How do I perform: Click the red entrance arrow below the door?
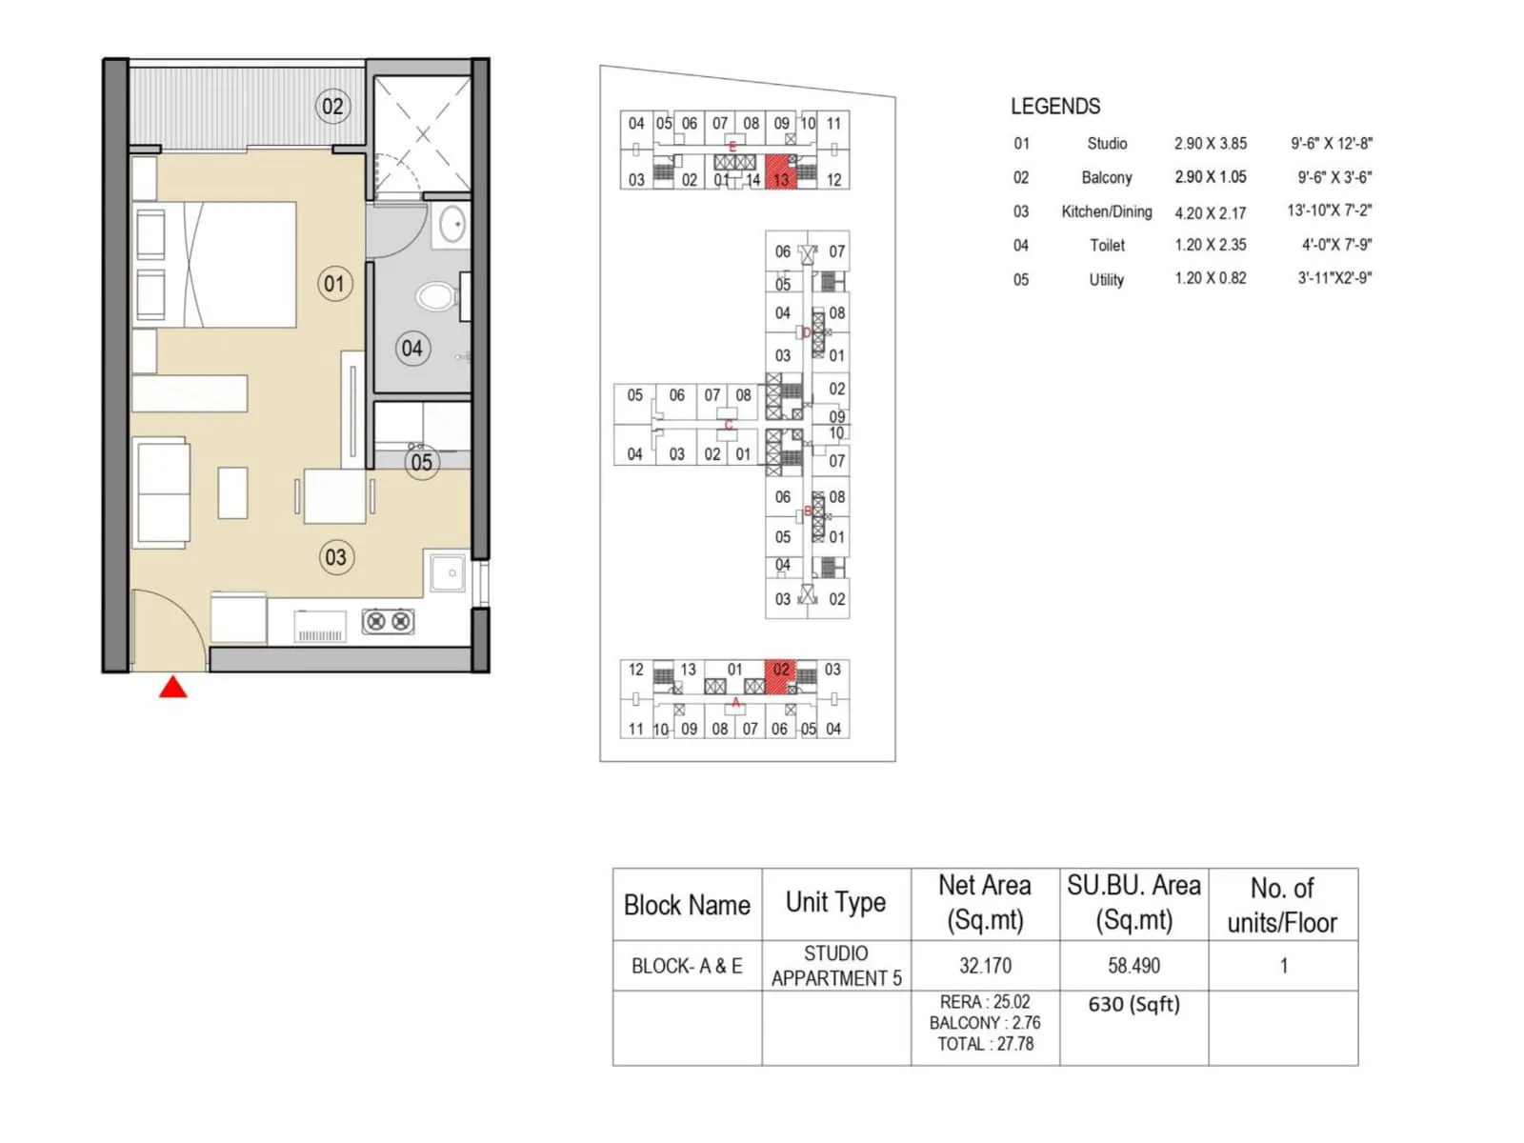click(x=172, y=688)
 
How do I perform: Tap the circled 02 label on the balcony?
click(x=332, y=106)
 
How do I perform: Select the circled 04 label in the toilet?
click(x=411, y=349)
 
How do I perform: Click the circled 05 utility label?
click(x=422, y=463)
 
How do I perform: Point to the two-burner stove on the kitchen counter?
click(x=388, y=622)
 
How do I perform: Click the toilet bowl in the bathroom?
click(x=436, y=296)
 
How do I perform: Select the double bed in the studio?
click(x=229, y=264)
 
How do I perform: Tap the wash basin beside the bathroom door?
click(x=452, y=226)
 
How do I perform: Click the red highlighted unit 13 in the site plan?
click(x=781, y=172)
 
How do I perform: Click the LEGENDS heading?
click(x=1055, y=107)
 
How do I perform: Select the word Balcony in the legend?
click(x=1107, y=177)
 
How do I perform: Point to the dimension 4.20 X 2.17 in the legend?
click(x=1210, y=213)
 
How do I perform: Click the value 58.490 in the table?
click(x=1133, y=966)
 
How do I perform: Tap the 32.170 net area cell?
click(x=985, y=966)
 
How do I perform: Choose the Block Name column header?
click(x=687, y=905)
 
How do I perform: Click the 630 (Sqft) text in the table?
click(x=1133, y=1004)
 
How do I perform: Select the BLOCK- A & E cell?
click(x=687, y=966)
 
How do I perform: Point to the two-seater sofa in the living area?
click(x=163, y=492)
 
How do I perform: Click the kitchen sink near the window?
click(x=449, y=573)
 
